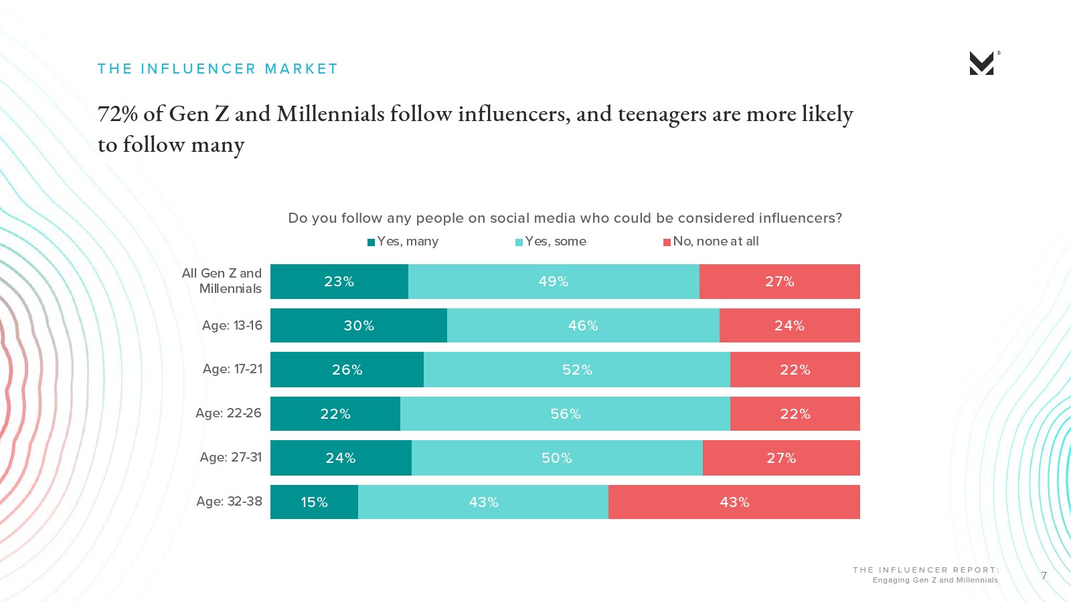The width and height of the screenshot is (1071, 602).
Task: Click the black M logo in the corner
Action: tap(981, 64)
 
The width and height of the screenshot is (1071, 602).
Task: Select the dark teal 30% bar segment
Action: tap(359, 326)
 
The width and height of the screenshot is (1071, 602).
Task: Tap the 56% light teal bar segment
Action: tap(565, 414)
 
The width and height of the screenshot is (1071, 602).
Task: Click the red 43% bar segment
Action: tap(734, 502)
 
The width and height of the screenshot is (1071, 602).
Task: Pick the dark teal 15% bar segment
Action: tap(314, 502)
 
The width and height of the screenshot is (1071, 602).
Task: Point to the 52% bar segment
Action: tap(577, 370)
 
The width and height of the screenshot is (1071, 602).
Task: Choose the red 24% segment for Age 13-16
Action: tap(789, 326)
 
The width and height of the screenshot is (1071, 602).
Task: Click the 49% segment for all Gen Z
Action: tap(554, 282)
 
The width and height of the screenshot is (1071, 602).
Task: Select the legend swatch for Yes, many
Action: tap(371, 242)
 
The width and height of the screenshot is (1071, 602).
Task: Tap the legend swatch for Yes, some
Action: tap(519, 242)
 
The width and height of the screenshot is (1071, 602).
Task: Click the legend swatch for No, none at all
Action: tap(667, 242)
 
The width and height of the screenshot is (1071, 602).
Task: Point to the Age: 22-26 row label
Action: tap(228, 413)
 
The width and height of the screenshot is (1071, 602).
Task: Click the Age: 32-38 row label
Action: tap(229, 502)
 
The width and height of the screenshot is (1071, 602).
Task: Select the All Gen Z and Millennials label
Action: tap(222, 281)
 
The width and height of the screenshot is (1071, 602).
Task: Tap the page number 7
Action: tap(1044, 575)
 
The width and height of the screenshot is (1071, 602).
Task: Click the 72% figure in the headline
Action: tap(118, 114)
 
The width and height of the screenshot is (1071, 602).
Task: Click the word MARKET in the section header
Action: tap(301, 69)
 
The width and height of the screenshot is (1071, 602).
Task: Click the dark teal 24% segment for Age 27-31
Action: tap(341, 458)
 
